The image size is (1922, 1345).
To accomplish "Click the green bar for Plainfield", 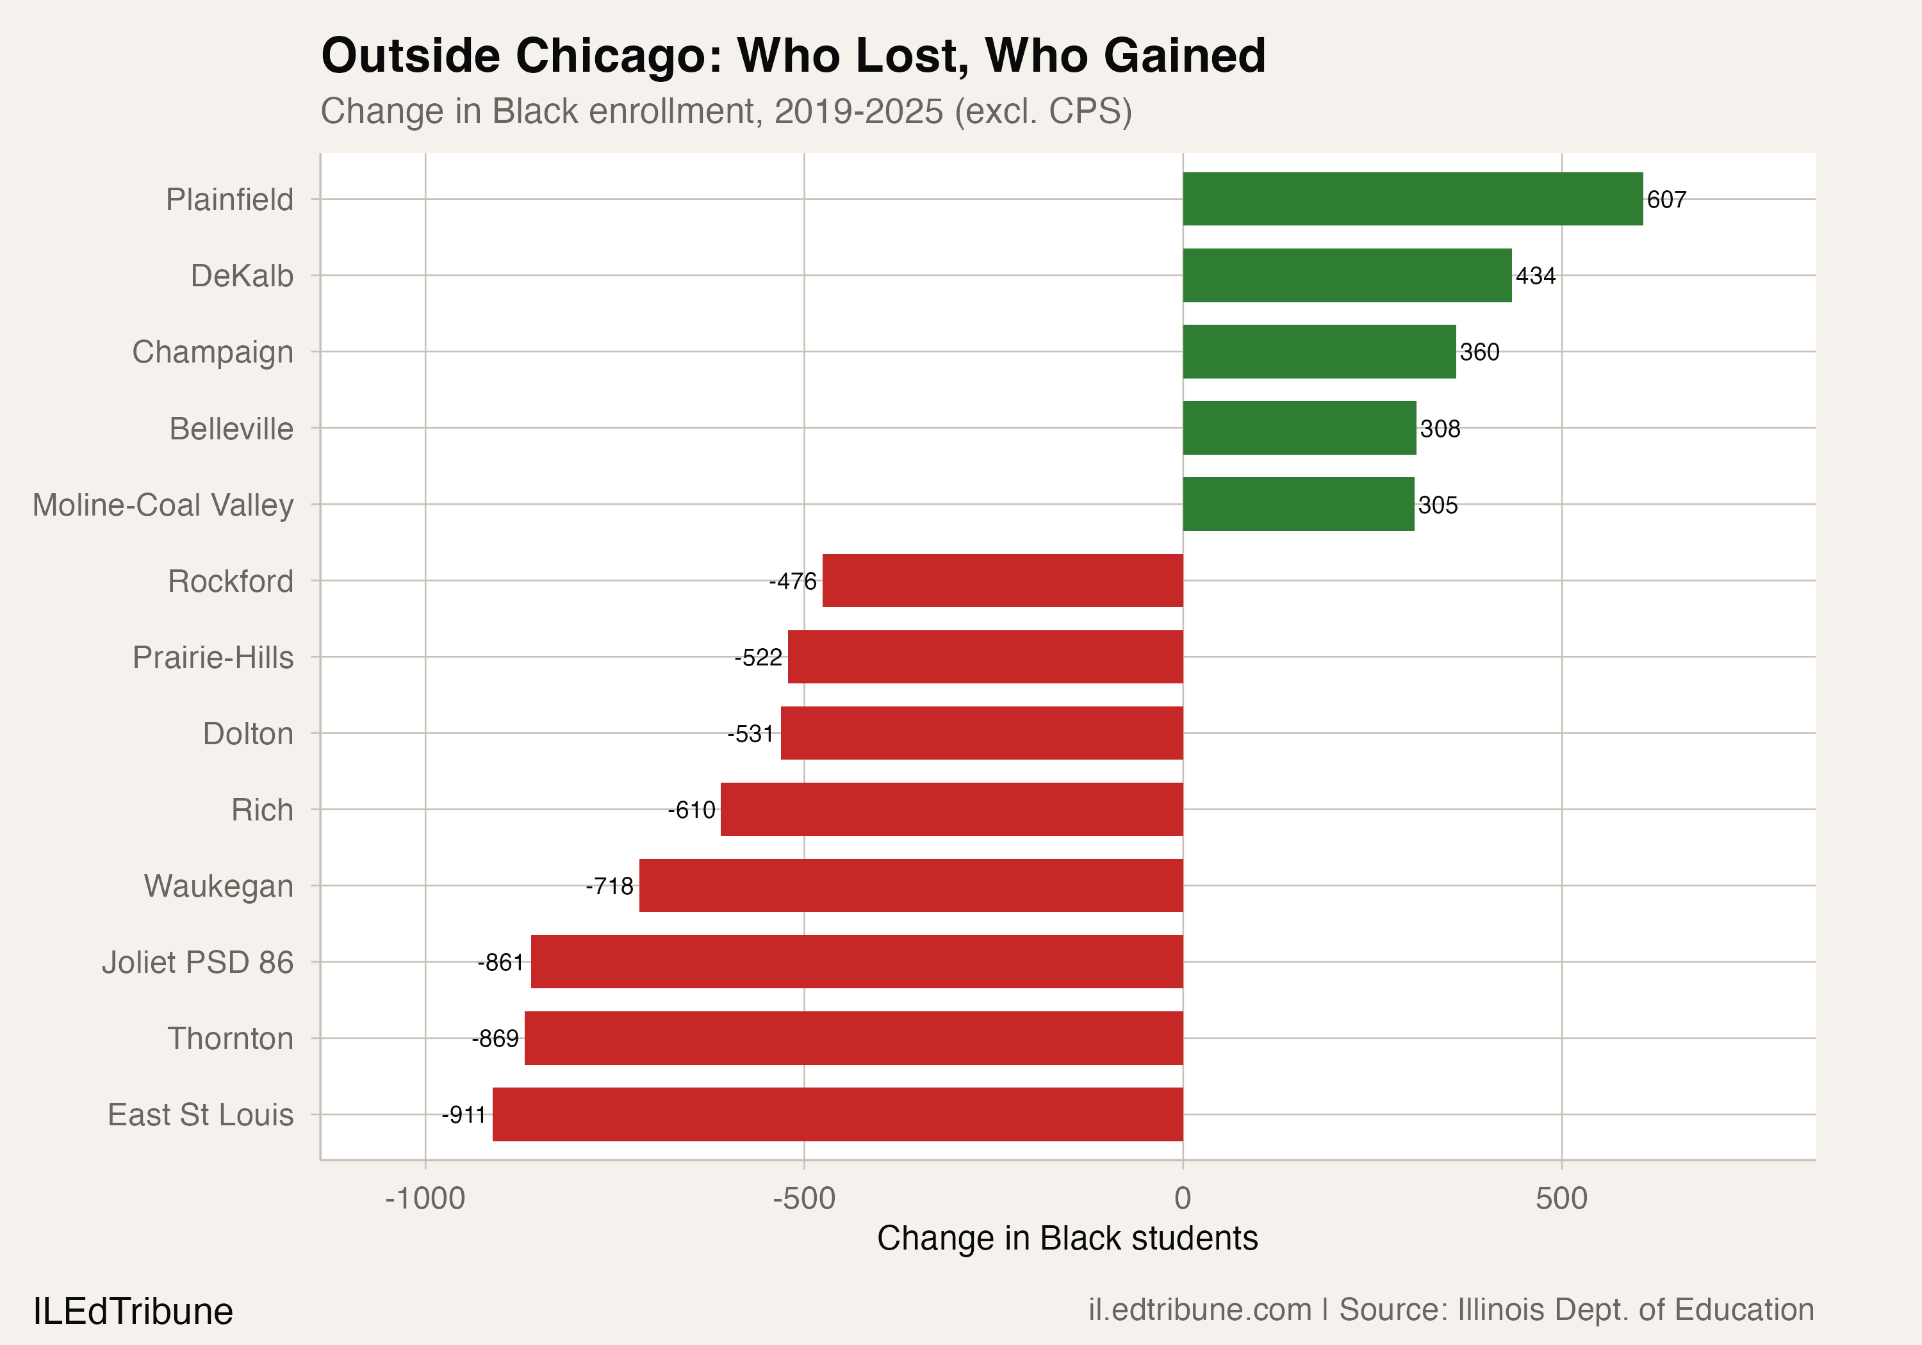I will [x=1412, y=199].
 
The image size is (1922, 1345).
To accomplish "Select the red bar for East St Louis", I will [x=837, y=1114].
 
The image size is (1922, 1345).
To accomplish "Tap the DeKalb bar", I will [x=1347, y=275].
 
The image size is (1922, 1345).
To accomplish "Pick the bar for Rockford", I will [x=1002, y=580].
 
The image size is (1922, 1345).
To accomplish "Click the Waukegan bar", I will [x=911, y=886].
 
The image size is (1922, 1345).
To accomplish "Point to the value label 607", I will [x=1666, y=200].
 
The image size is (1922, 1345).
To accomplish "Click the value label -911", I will [x=464, y=1115].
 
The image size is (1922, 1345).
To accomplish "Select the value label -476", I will [x=792, y=581].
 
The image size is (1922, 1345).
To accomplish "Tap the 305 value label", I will [x=1437, y=505].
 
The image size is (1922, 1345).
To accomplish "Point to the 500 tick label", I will [x=1561, y=1198].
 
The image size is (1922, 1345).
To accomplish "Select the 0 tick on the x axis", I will [x=1182, y=1198].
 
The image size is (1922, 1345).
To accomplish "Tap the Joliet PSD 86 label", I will [x=197, y=963].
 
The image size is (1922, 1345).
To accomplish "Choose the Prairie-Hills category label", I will [x=213, y=657].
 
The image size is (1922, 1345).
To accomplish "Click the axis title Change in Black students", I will [x=1067, y=1238].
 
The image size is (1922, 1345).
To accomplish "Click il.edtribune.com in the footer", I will [x=1199, y=1310].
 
